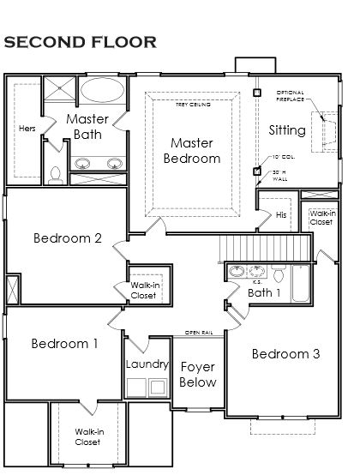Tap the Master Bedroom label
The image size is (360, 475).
coord(195,150)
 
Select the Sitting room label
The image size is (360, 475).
coord(286,130)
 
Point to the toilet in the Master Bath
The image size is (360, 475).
coord(55,174)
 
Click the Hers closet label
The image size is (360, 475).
coord(27,129)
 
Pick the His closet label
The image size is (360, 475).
coord(282,215)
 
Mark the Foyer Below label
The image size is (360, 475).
coord(198,375)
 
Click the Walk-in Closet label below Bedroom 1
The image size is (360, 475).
coord(87,436)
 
